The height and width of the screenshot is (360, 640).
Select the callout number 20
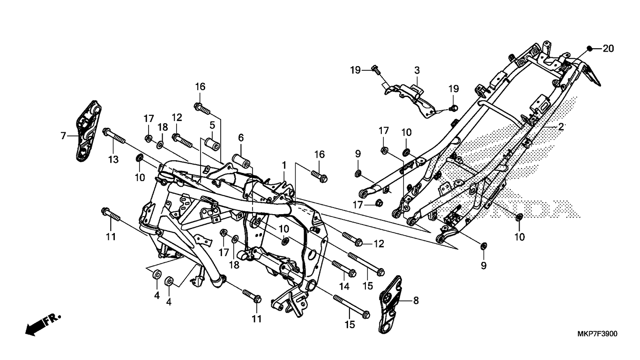point(608,48)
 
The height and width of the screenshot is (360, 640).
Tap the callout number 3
point(417,70)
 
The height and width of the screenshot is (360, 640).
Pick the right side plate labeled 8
point(389,305)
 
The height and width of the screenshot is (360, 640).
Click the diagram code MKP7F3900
point(596,334)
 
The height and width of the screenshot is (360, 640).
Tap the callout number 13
point(113,160)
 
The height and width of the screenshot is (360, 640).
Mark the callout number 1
point(284,165)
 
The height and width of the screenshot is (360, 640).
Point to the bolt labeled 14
point(343,269)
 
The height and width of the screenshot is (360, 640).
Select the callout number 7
point(63,136)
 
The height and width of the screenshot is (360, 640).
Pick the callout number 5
point(212,125)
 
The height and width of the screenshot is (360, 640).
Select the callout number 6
point(241,137)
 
